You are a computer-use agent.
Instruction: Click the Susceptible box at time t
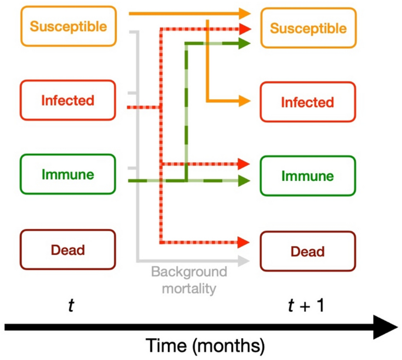tap(69, 26)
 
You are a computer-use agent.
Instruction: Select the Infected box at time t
tap(68, 100)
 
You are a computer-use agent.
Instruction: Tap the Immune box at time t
tap(68, 174)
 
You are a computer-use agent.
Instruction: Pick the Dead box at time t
tap(68, 250)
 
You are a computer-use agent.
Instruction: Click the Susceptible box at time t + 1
tap(308, 28)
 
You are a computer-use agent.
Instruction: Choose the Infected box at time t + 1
tap(308, 102)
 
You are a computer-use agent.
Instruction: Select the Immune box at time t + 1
tap(308, 176)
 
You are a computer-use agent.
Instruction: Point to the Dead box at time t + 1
tap(308, 251)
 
